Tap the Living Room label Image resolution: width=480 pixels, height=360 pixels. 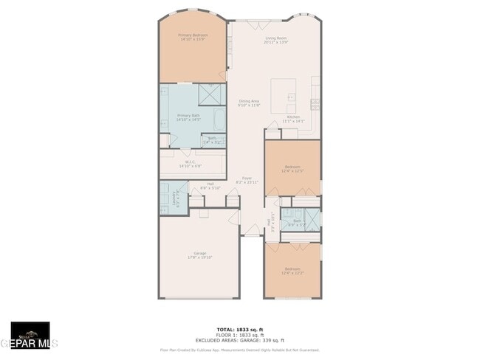[x=275, y=40]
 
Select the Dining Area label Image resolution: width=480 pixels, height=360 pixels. [x=249, y=103]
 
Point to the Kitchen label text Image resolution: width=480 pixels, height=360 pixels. [x=294, y=119]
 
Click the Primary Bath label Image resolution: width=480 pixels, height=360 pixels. [x=188, y=117]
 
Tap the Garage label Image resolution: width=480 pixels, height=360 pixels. [x=199, y=255]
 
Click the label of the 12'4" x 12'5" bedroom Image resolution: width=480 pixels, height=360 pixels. [x=292, y=169]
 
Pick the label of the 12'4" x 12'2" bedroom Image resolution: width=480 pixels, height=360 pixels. [x=292, y=270]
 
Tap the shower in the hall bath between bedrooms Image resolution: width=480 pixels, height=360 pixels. [x=311, y=218]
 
